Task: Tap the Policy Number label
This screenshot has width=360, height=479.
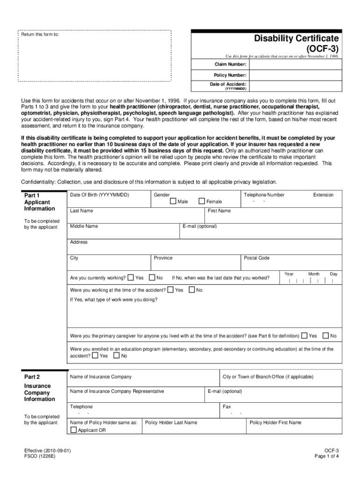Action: pyautogui.click(x=230, y=75)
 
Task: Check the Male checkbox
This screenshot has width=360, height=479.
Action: pyautogui.click(x=173, y=201)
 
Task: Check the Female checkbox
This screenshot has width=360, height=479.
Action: pyautogui.click(x=202, y=201)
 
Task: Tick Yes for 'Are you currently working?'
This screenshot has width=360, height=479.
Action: pyautogui.click(x=131, y=277)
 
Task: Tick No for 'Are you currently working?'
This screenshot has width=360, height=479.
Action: pyautogui.click(x=152, y=277)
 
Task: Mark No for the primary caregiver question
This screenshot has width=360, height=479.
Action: pyautogui.click(x=326, y=335)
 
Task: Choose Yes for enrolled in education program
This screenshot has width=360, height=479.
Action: pyautogui.click(x=95, y=356)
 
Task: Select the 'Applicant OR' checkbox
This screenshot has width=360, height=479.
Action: pyautogui.click(x=73, y=430)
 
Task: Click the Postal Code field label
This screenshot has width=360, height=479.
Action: pyautogui.click(x=256, y=258)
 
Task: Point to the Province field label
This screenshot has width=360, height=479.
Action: pyautogui.click(x=163, y=258)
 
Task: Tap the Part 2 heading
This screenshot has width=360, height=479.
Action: pyautogui.click(x=32, y=377)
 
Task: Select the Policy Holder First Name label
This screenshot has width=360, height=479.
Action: pyautogui.click(x=275, y=422)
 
